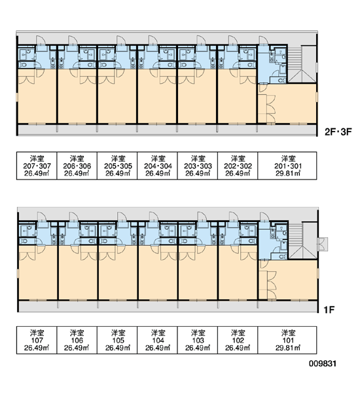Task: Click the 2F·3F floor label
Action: [338, 132]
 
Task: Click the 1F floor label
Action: [329, 310]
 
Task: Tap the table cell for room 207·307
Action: [37, 166]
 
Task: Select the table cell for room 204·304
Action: [157, 166]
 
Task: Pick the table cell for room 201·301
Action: [287, 166]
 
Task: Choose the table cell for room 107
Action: [37, 340]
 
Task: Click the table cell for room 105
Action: [117, 340]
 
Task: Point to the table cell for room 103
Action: [198, 340]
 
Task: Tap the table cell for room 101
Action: [287, 340]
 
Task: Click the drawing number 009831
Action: [323, 364]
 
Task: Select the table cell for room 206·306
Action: [77, 166]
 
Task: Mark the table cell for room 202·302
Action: [238, 166]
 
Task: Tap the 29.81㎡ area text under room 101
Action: [288, 348]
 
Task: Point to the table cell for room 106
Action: [77, 340]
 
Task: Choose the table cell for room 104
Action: [157, 340]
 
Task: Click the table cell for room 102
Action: [238, 340]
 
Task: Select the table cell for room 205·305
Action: [117, 166]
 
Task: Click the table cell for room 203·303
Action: [198, 166]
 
